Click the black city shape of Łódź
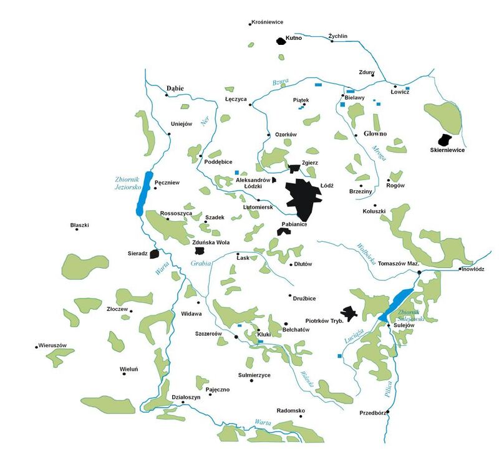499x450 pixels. point(303,196)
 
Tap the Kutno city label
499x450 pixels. point(293,38)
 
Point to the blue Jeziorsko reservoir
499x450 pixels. point(143,193)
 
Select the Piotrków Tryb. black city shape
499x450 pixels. point(348,313)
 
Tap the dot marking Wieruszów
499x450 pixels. point(37,347)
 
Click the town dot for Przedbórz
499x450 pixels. point(388,412)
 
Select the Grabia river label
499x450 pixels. point(201,263)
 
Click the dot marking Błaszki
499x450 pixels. point(77,229)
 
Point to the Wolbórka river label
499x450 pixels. point(366,252)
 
